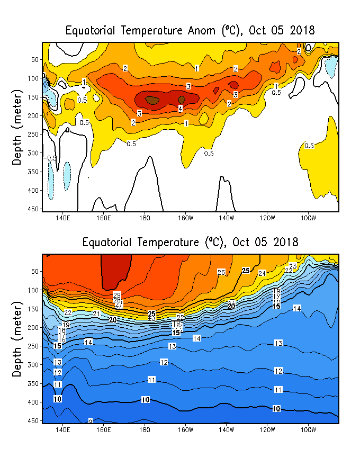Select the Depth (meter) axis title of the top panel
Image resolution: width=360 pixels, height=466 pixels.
pyautogui.click(x=17, y=128)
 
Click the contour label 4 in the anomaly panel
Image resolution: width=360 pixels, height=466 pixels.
pyautogui.click(x=181, y=109)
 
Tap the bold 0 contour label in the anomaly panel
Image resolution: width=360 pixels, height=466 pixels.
pyautogui.click(x=67, y=130)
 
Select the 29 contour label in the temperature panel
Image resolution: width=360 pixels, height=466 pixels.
pyautogui.click(x=117, y=295)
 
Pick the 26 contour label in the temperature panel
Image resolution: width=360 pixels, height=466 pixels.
pyautogui.click(x=221, y=272)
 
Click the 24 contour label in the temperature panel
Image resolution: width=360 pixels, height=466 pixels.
pyautogui.click(x=262, y=273)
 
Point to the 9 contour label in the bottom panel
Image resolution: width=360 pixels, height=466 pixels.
pyautogui.click(x=90, y=421)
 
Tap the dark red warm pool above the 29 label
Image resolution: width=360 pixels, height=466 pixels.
pyautogui.click(x=115, y=270)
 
